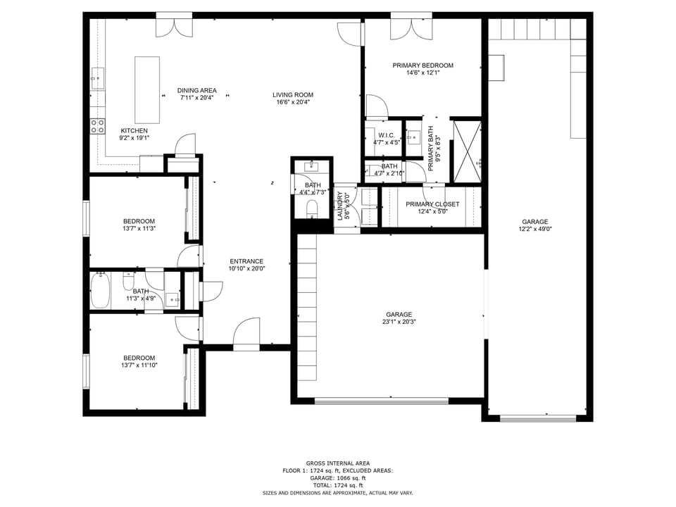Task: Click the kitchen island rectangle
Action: [147, 80]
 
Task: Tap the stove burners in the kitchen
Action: [97, 127]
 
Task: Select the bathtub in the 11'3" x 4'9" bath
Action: [101, 291]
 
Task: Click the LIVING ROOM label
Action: [293, 95]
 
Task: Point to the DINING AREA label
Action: [196, 90]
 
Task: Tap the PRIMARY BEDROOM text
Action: [423, 65]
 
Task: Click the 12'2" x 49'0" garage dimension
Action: [535, 229]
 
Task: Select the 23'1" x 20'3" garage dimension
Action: [399, 323]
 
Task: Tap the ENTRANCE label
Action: [246, 261]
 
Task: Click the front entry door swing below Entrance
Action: [246, 332]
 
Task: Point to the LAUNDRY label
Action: [339, 205]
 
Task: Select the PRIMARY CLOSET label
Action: [432, 204]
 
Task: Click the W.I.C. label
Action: [386, 135]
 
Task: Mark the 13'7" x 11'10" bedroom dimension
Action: [139, 365]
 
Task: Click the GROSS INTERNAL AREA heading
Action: [337, 463]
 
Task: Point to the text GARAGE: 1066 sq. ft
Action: [337, 478]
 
